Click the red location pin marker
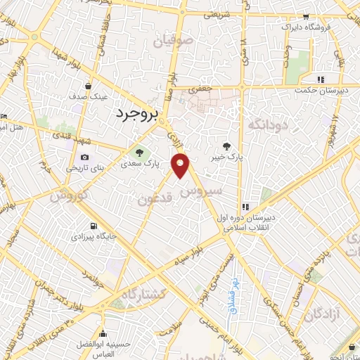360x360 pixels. pos(182,167)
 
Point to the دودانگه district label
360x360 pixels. pos(266,124)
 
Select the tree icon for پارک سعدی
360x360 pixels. pos(139,152)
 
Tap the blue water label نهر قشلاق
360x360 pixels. pos(231,291)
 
